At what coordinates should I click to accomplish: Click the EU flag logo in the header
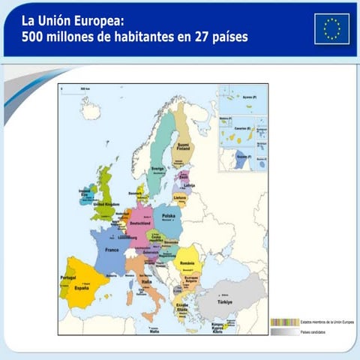[331, 28]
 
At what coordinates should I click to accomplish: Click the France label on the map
[112, 249]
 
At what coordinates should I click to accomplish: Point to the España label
[81, 287]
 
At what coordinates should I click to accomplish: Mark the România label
[187, 263]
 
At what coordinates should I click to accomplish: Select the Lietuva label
[180, 197]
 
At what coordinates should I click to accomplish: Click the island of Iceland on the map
[91, 112]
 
